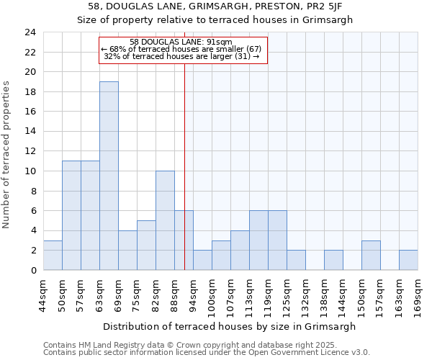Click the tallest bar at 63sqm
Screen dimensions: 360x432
109,176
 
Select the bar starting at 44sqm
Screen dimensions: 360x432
53,255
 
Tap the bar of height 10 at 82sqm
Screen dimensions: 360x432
165,220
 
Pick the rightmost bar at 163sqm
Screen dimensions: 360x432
408,260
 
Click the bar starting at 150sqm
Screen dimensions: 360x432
371,255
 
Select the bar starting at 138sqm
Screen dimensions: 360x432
333,260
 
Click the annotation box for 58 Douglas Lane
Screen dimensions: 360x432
183,50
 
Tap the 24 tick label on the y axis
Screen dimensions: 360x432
30,32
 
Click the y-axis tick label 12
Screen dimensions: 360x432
30,151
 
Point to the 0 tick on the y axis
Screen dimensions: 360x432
32,270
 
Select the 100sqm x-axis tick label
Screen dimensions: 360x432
212,294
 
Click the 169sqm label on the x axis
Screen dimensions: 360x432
418,294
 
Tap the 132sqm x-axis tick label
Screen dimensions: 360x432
305,294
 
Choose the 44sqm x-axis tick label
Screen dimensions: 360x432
43,294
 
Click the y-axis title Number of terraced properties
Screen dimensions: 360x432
7,154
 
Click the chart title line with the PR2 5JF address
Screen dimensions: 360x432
215,6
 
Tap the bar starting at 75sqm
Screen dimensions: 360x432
146,245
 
